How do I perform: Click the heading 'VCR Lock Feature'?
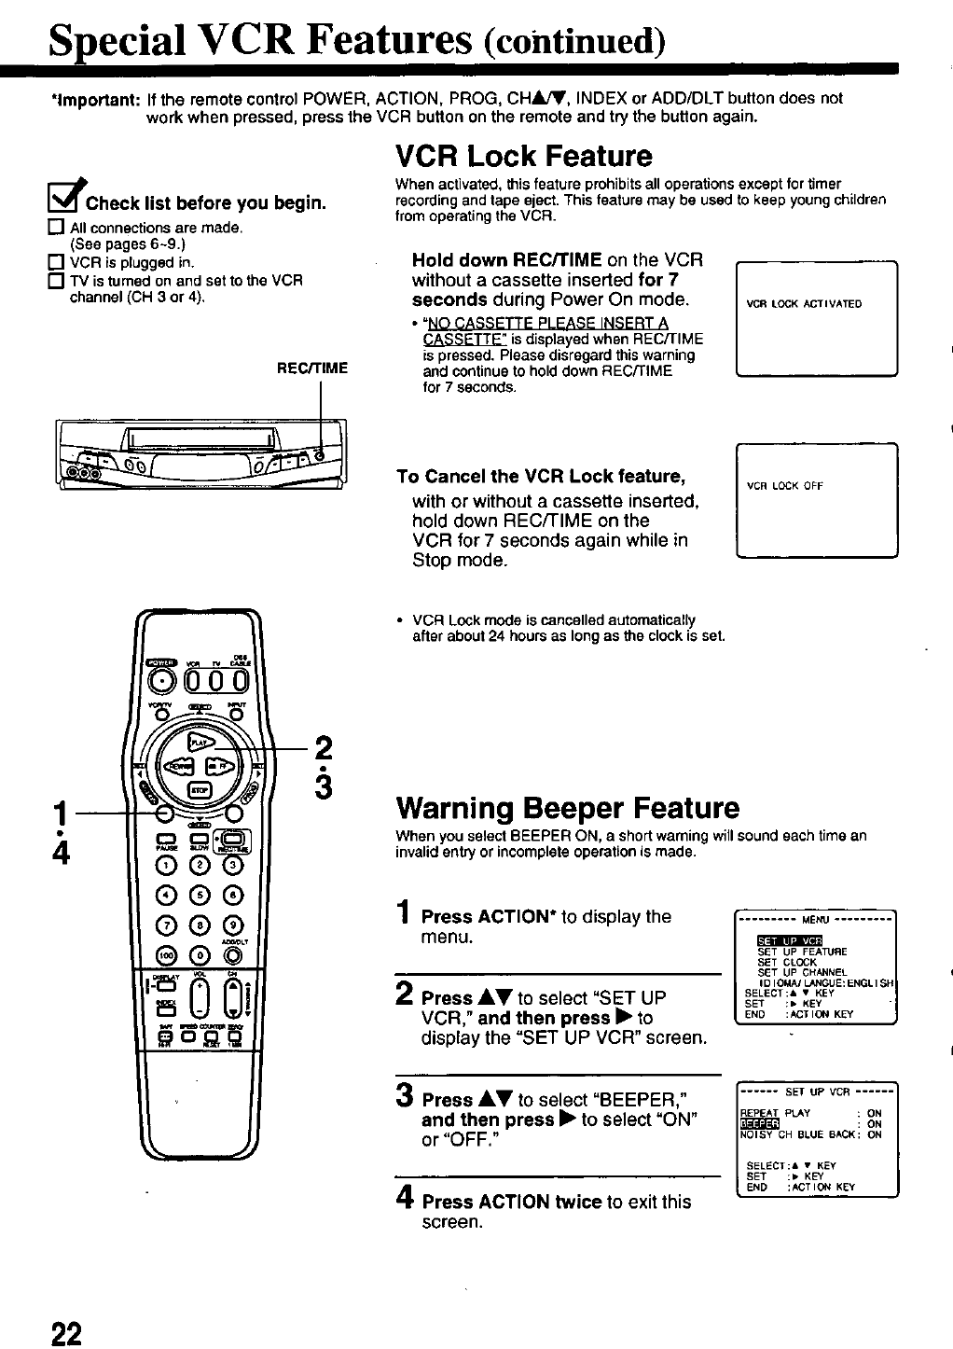tap(523, 156)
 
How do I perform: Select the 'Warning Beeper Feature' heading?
tap(567, 807)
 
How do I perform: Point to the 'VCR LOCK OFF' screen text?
tap(785, 486)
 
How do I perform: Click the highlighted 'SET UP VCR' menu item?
tap(789, 939)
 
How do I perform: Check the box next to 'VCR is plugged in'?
tap(57, 262)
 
